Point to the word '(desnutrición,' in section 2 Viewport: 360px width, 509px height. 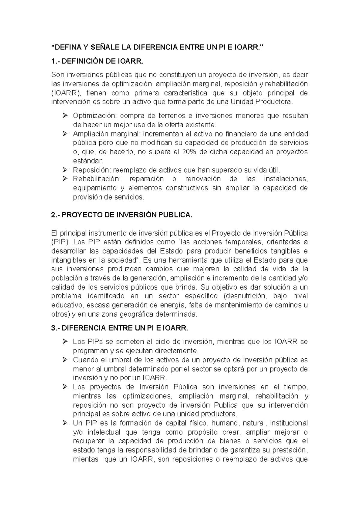(x=245, y=296)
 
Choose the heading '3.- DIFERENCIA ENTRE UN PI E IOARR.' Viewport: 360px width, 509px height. (x=120, y=328)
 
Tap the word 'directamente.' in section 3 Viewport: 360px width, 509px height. (x=179, y=351)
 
